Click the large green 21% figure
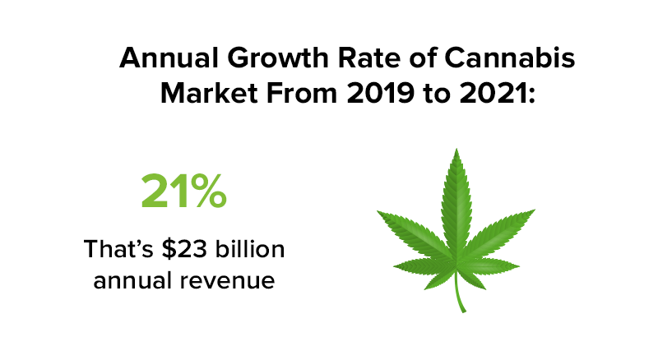(183, 192)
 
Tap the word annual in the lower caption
(134, 279)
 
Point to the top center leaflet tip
(457, 150)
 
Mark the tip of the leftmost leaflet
(378, 212)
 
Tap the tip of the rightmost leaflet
(536, 210)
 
